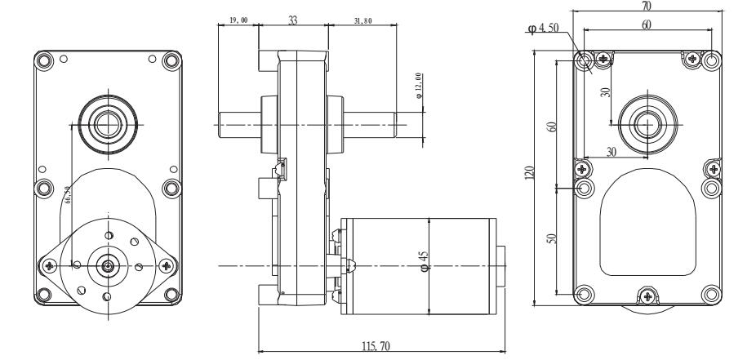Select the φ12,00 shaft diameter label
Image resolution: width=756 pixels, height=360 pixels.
419,87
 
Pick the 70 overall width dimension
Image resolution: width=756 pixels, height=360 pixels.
647,5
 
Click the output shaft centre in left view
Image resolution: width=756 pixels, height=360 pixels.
107,124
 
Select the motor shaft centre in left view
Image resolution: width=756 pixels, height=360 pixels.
108,264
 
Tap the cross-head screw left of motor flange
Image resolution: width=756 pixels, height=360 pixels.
51,265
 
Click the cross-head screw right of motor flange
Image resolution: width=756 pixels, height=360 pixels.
167,265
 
